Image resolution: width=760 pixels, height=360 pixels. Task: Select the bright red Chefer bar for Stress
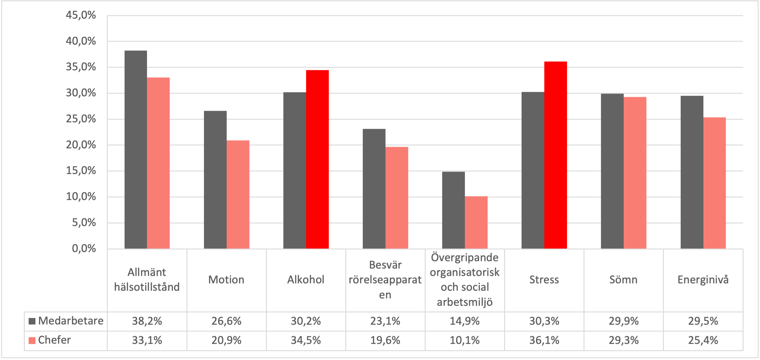[x=555, y=155]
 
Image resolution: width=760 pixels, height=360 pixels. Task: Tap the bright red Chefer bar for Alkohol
[x=317, y=159]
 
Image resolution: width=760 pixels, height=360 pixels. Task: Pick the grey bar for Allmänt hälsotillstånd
[x=136, y=149]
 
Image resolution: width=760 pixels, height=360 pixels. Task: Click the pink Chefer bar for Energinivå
[x=714, y=183]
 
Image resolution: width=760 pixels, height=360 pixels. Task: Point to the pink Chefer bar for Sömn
[x=635, y=173]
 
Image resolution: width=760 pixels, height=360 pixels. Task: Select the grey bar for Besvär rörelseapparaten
[x=374, y=189]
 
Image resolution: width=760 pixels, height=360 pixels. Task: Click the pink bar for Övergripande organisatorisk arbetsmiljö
[x=476, y=222]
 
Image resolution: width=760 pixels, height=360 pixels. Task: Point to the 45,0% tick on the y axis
[x=81, y=15]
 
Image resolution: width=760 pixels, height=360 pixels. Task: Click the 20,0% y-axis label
[x=81, y=145]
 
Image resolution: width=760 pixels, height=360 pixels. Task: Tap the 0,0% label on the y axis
[x=84, y=248]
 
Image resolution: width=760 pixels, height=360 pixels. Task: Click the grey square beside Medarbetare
[x=32, y=321]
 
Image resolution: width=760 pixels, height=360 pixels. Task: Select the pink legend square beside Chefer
[x=32, y=341]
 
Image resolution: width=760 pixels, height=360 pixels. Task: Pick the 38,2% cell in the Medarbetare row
[x=147, y=321]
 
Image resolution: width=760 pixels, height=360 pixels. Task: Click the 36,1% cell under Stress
[x=544, y=341]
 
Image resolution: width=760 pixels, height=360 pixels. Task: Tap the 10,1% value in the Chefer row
[x=465, y=341]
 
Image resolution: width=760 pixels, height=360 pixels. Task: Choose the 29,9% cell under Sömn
[x=623, y=321]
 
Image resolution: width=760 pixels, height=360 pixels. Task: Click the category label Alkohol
[x=306, y=280]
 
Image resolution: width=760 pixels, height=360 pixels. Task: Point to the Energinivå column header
[x=703, y=280]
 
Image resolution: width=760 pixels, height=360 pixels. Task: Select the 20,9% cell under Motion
[x=226, y=341]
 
